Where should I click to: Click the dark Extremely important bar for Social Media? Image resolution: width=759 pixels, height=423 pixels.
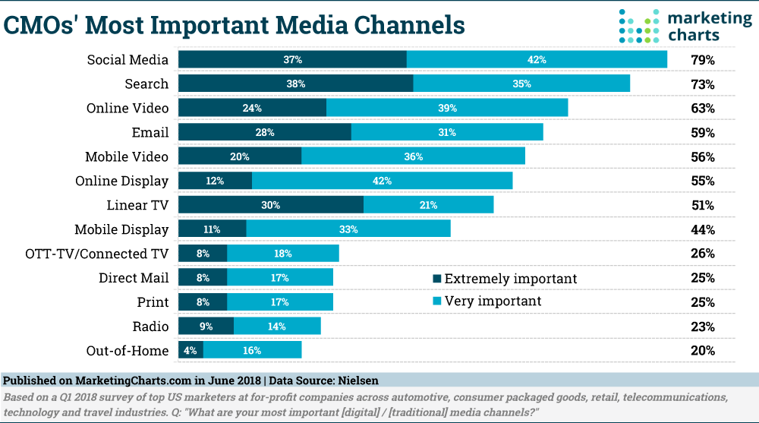(292, 59)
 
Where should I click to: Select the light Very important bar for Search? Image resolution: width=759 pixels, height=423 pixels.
(521, 84)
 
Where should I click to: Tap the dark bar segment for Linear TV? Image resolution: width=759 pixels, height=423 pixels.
(271, 205)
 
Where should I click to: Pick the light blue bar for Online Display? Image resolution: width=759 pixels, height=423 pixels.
(382, 181)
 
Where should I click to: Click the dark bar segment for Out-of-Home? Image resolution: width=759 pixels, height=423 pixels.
(191, 351)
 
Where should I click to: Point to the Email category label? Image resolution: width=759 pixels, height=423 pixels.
(150, 132)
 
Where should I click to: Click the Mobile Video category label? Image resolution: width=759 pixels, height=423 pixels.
(127, 156)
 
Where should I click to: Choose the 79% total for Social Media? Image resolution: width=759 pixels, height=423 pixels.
(702, 59)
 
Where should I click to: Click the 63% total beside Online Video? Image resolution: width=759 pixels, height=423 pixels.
(702, 108)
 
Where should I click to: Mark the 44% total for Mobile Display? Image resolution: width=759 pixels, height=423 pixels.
(702, 229)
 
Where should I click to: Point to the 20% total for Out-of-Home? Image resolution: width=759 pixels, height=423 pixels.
(702, 351)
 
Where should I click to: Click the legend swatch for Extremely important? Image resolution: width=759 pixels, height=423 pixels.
(436, 279)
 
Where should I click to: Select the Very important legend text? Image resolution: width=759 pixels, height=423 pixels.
(493, 301)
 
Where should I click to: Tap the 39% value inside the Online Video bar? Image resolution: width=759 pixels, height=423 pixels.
(447, 108)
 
